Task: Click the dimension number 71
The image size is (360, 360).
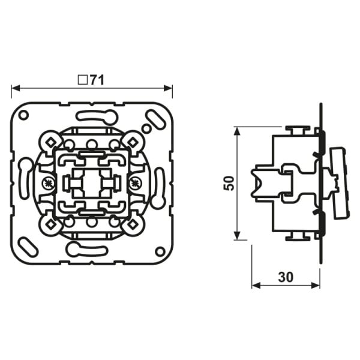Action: point(97,80)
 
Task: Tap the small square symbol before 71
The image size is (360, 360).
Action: point(82,80)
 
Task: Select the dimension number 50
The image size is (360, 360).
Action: point(229,183)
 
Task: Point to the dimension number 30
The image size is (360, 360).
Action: point(286,277)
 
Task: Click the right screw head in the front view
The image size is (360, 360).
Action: point(135,183)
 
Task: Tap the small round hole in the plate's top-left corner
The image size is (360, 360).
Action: point(23,115)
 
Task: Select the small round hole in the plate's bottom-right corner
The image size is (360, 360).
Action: point(160,251)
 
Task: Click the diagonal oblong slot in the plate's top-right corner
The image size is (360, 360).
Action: point(157,119)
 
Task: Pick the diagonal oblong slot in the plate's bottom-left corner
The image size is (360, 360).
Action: point(28,247)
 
